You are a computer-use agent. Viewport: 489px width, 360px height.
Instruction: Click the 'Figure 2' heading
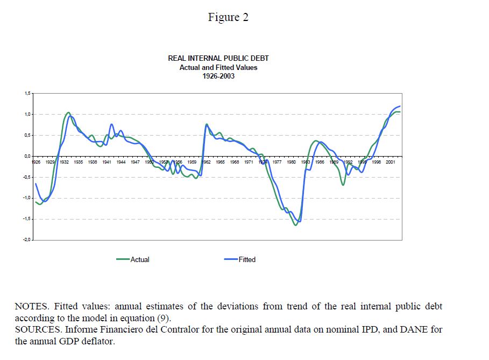pos(228,17)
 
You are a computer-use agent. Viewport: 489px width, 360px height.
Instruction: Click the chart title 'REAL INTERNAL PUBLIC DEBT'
pos(218,58)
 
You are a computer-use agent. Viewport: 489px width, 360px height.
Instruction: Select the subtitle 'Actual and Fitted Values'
pos(218,67)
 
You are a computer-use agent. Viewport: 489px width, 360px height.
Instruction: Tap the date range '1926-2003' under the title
pos(218,76)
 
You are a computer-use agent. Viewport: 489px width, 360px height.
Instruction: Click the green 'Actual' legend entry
pos(139,259)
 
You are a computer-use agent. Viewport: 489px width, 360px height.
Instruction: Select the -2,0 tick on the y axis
pos(26,240)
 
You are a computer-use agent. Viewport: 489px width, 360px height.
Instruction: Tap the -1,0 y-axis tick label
pos(26,198)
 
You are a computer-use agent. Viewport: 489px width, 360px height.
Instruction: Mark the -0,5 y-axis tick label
pos(26,177)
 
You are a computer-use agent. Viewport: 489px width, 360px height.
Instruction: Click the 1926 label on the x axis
pos(36,161)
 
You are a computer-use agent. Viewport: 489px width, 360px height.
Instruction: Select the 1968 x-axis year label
pos(235,161)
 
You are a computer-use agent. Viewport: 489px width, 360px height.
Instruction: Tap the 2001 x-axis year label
pos(391,161)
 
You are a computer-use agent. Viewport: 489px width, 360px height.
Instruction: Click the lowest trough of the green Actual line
pos(295,225)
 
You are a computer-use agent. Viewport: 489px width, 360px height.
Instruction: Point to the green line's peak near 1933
pos(68,113)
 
